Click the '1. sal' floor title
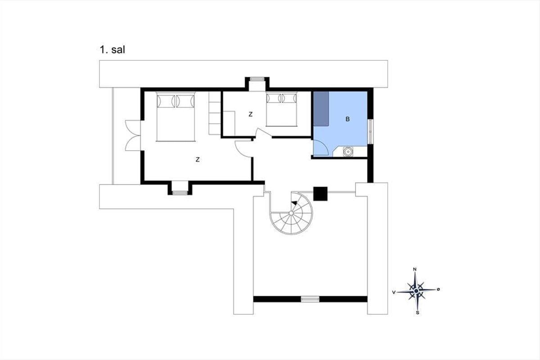112,49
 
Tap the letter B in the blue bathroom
347,119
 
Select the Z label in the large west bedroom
198,159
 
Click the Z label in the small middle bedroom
251,114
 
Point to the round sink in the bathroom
348,152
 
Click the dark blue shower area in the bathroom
321,109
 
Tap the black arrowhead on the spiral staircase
294,202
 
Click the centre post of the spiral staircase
291,213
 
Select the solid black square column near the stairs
320,193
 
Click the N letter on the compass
415,269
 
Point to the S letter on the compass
417,313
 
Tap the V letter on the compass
394,292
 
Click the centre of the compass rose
416,291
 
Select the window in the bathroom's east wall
370,131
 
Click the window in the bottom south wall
310,299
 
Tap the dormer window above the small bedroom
257,79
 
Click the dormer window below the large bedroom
180,193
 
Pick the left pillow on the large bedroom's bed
166,101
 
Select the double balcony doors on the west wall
133,135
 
